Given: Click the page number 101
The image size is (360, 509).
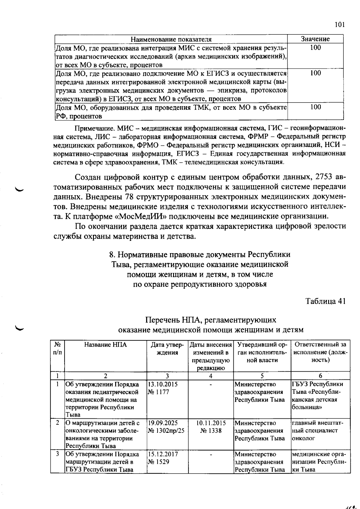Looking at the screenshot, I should (339, 25).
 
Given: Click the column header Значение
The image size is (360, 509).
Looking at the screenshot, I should (315, 39).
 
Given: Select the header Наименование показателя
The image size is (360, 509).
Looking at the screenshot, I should (171, 39).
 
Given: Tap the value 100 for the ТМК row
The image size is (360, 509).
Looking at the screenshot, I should (315, 107).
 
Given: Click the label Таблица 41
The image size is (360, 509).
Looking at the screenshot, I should (325, 301).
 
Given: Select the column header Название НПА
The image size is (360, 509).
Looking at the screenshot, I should (105, 345).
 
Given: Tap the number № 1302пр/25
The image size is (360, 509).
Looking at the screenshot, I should (166, 431).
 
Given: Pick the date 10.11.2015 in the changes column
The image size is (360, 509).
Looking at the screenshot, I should (211, 423).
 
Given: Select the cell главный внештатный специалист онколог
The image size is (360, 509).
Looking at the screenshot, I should (317, 430).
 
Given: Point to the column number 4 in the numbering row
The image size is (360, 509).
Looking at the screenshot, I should (211, 376).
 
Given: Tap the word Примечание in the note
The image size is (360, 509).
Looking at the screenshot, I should (93, 129).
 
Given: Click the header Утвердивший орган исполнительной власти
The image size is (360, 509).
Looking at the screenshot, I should (262, 352).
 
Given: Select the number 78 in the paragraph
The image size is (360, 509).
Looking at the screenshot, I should (128, 196).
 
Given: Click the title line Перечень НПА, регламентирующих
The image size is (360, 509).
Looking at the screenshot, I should (211, 320).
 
